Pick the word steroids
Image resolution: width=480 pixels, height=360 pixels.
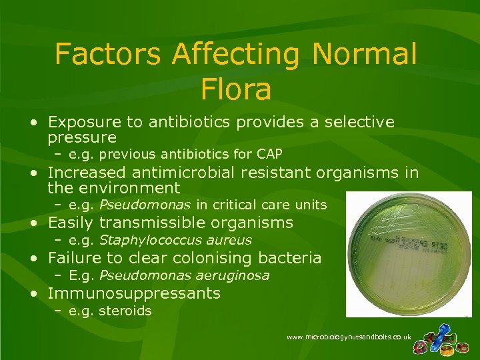125,311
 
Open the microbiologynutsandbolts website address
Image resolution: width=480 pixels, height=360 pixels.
348,337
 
